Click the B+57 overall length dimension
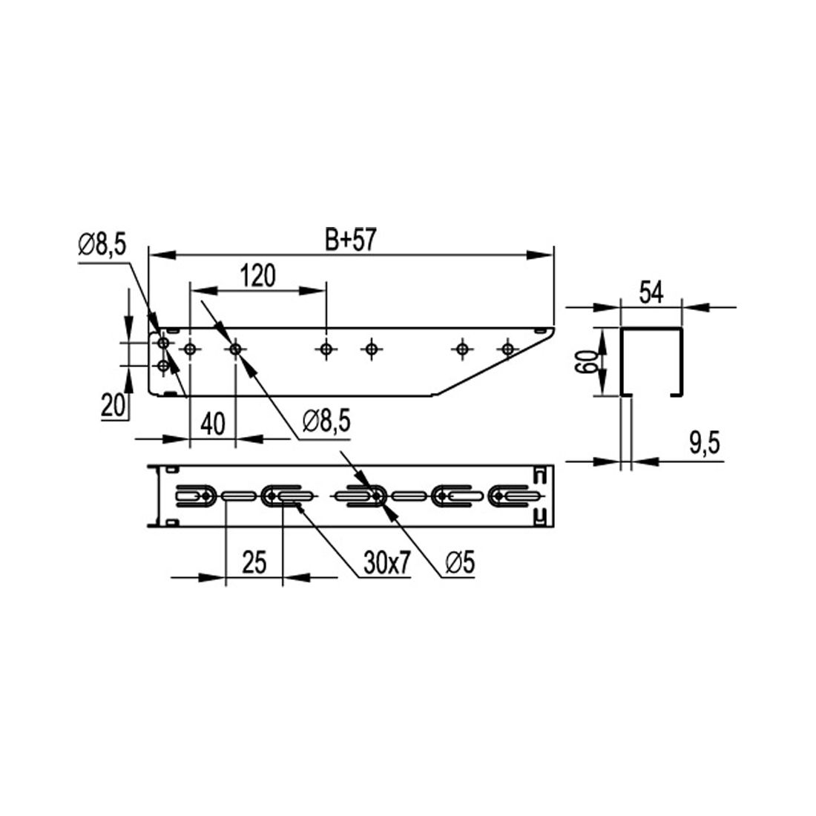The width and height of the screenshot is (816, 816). pos(349,240)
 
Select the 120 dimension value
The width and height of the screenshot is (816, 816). pos(258,276)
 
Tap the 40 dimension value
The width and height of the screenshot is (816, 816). pos(213,424)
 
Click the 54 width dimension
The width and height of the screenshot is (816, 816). pos(651,293)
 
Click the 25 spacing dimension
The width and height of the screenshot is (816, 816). pos(254,562)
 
